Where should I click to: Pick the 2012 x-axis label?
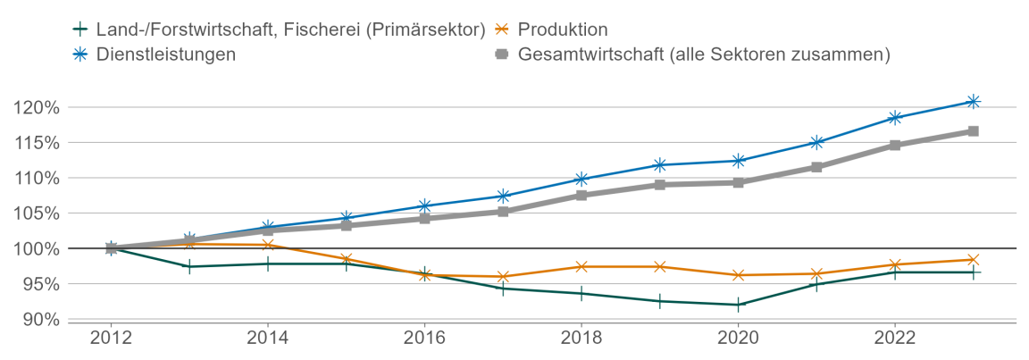pos(111,339)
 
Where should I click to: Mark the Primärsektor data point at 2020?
pos(738,305)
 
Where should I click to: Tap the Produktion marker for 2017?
pos(503,277)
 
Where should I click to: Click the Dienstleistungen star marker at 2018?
pos(581,180)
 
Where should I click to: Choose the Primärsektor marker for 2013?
pos(189,266)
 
